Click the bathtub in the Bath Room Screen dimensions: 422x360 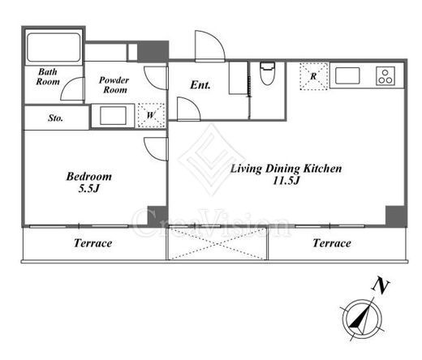pos(54,48)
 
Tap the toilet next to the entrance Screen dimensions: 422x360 pos(268,74)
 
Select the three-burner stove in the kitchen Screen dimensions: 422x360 pos(385,76)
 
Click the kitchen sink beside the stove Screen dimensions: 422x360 pos(347,76)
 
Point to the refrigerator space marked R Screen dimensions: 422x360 pos(314,76)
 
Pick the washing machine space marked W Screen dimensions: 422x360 pos(151,115)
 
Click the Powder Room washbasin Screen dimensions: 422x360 pos(113,116)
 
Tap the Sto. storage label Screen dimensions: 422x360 pos(55,118)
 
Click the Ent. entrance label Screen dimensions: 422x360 pos(200,85)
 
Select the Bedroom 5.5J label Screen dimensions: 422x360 pos(89,182)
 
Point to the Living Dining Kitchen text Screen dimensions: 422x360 pos(286,169)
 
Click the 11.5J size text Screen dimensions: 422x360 pos(286,180)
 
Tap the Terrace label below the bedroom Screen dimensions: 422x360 pos(93,243)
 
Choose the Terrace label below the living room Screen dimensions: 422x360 pos(332,243)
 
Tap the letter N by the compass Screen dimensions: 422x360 pos(381,286)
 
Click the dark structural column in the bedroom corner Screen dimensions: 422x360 pos(157,216)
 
